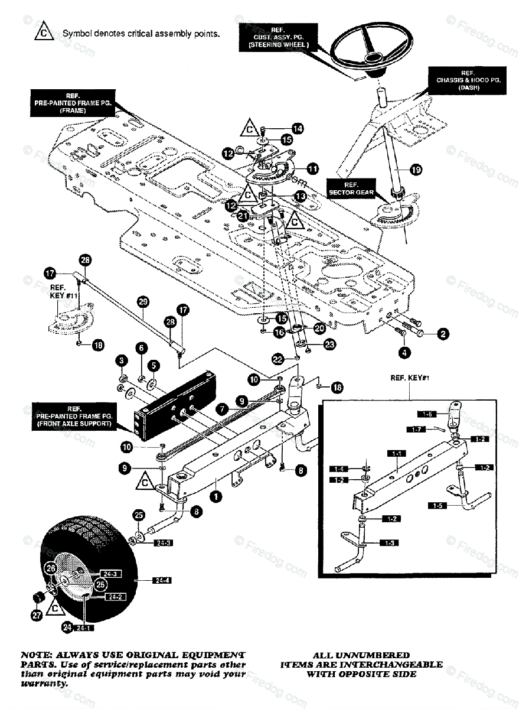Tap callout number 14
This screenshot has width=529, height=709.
coord(297,128)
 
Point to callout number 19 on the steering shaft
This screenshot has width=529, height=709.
coord(416,170)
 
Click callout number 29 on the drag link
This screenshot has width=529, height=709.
coord(142,301)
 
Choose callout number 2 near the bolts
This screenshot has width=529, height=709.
coord(442,334)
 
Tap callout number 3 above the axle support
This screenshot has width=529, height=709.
coord(120,360)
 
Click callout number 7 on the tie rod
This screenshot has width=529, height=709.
coord(221,408)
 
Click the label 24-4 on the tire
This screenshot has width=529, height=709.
coord(145,581)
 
